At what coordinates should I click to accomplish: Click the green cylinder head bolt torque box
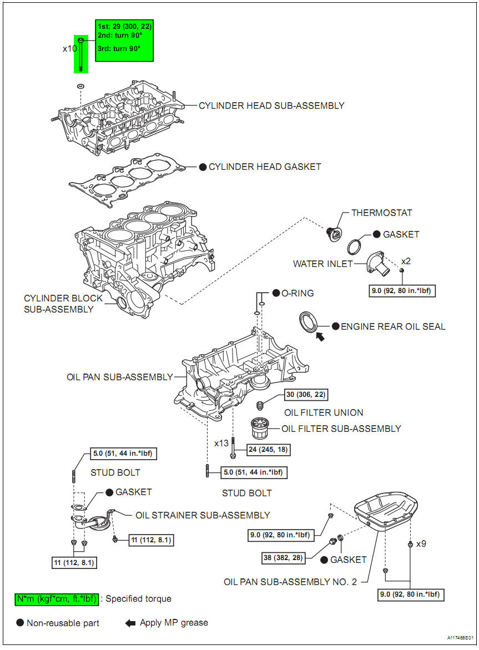124,41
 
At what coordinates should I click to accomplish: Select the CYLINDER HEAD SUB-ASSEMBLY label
271,105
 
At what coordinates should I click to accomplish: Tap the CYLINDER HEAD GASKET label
265,167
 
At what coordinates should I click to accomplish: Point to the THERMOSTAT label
382,213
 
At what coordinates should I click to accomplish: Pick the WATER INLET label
323,264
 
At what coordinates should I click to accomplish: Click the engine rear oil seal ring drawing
308,322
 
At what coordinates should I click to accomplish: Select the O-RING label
298,293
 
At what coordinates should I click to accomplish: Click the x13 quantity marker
221,443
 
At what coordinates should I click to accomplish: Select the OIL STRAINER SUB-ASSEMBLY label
203,515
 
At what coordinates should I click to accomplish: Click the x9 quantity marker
421,543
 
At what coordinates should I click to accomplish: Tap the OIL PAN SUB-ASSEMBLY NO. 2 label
290,582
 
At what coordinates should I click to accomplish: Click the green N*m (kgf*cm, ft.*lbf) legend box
57,599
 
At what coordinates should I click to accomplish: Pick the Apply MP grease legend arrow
130,623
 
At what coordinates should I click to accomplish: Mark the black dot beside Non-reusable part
20,623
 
